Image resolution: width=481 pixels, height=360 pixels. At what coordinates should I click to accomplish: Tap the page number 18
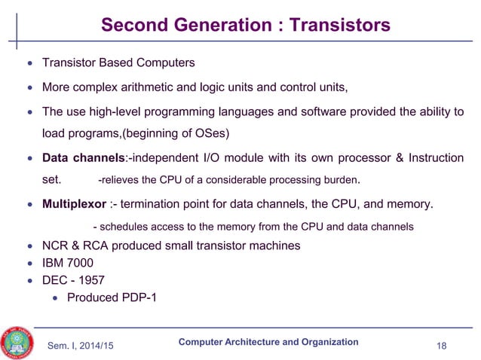[443, 346]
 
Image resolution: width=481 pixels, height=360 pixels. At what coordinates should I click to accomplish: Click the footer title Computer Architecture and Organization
[268, 342]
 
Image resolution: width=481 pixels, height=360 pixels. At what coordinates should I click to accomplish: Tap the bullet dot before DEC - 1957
[30, 280]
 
